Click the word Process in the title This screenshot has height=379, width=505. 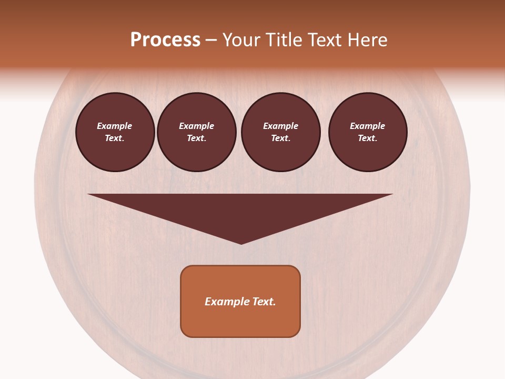click(165, 40)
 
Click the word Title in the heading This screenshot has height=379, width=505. click(284, 40)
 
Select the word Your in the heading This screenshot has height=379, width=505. click(243, 40)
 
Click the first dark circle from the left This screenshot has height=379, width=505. click(115, 132)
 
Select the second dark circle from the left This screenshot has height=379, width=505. click(197, 132)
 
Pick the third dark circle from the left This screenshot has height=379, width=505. click(280, 132)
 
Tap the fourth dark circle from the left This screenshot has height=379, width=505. click(368, 132)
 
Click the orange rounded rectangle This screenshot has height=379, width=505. click(240, 301)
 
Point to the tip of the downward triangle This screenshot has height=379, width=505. click(241, 243)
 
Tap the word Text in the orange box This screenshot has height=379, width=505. click(264, 302)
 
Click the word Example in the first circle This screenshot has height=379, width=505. click(115, 126)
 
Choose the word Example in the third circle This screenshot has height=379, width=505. click(280, 126)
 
